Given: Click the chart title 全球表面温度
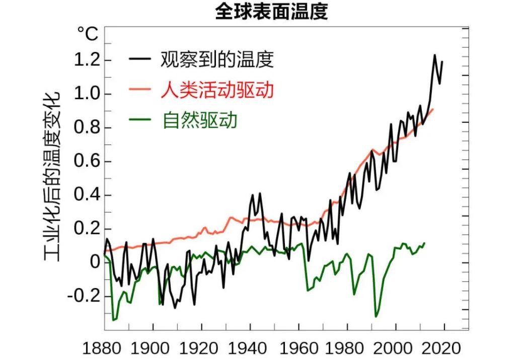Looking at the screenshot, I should [x=271, y=12].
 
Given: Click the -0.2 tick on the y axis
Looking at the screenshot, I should [x=83, y=296].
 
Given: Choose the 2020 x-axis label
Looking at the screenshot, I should [x=441, y=348].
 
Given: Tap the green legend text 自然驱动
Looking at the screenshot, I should [x=200, y=120].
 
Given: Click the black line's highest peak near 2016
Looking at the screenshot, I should [x=435, y=55].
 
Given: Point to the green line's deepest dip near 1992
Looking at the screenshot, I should [x=375, y=317].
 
